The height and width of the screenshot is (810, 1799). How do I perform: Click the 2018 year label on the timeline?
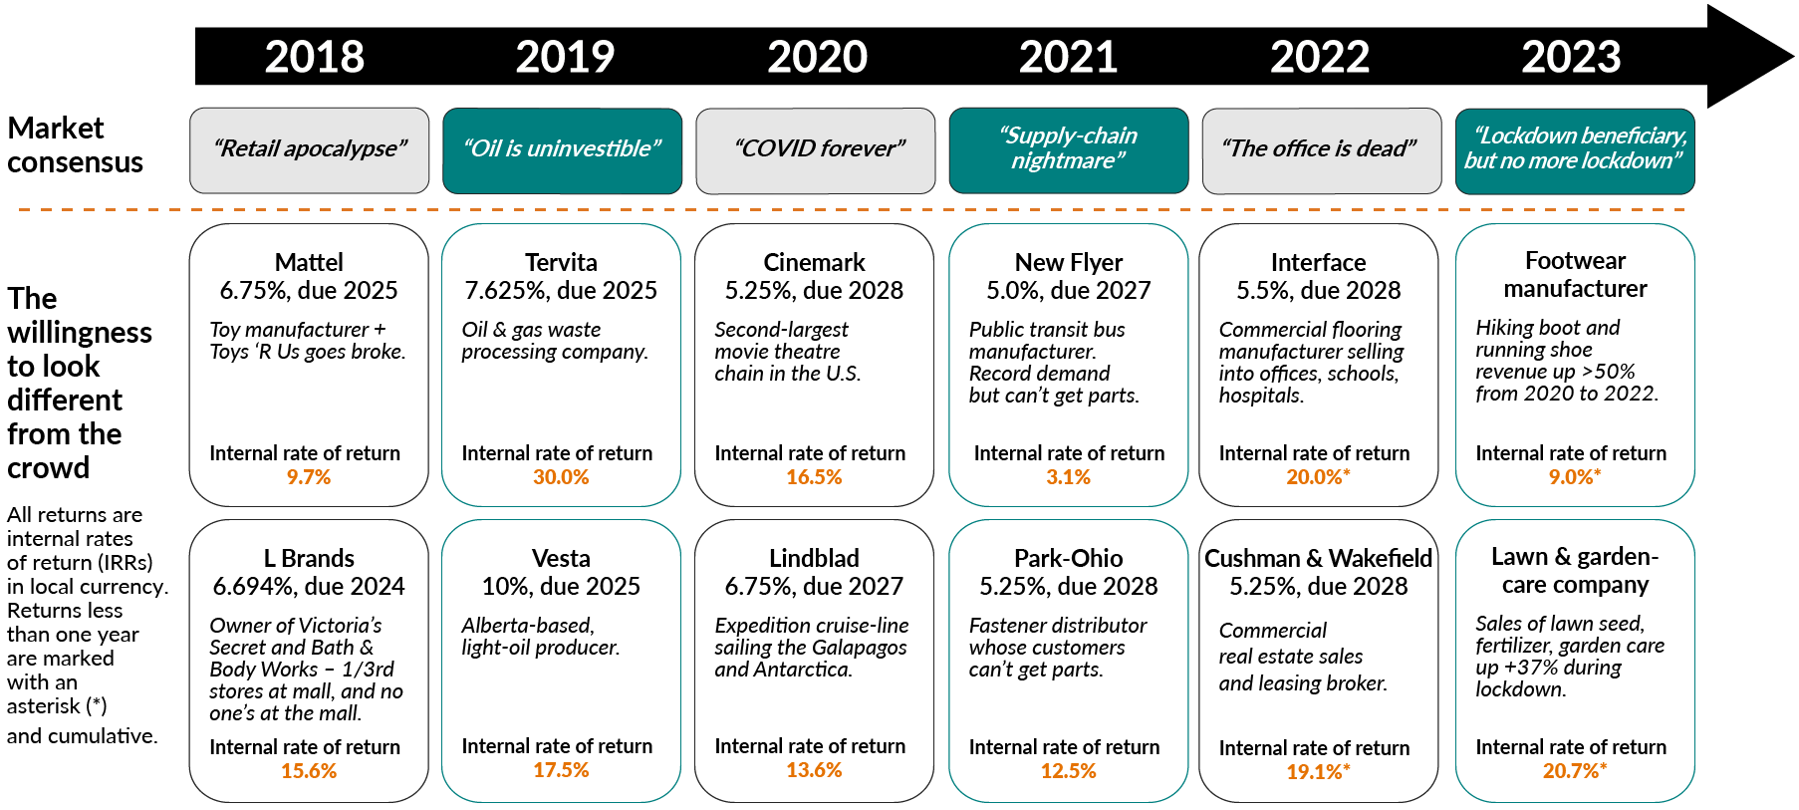click(x=314, y=57)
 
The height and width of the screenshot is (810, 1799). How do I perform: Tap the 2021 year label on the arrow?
click(x=1068, y=57)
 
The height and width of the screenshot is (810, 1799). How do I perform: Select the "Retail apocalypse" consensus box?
click(x=309, y=149)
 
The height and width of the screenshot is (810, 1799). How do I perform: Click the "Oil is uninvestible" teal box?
click(x=562, y=149)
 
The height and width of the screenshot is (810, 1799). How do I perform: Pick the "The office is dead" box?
click(x=1321, y=149)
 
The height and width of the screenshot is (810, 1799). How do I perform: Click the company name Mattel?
click(x=309, y=262)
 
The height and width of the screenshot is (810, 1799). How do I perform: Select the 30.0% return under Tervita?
click(x=561, y=477)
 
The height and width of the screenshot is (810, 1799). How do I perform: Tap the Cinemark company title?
click(x=814, y=262)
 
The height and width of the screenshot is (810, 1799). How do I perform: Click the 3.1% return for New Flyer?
click(x=1068, y=477)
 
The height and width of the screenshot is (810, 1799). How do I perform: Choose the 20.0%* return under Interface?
click(x=1317, y=477)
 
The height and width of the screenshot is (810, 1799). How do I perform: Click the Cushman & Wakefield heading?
click(x=1318, y=558)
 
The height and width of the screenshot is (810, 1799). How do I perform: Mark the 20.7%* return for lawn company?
click(x=1574, y=770)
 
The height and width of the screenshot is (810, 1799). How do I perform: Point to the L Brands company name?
click(x=309, y=558)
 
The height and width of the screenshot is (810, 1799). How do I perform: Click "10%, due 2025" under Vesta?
click(x=561, y=586)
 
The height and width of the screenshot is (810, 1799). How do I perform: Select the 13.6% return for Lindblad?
click(x=814, y=770)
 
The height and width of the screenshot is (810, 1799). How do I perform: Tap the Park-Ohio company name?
click(x=1068, y=558)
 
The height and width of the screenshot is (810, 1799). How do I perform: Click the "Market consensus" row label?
click(x=75, y=145)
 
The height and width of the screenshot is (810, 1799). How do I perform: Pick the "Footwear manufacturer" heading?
click(x=1575, y=274)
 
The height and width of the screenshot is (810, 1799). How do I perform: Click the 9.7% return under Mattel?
click(x=309, y=477)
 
